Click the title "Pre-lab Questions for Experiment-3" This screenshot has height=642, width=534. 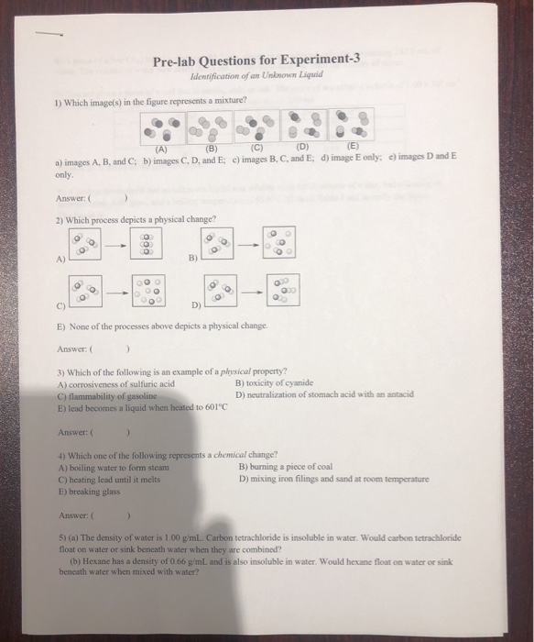click(x=256, y=61)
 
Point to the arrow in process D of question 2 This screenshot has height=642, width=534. click(x=250, y=293)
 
